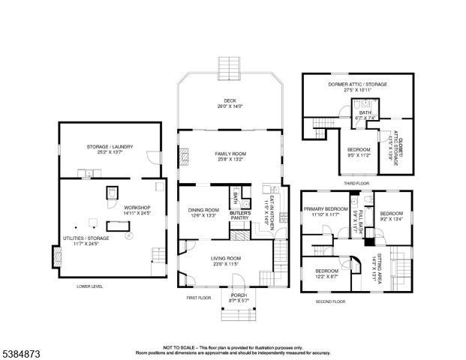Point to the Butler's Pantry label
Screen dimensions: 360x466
click(240, 214)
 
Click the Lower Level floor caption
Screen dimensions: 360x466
click(90, 286)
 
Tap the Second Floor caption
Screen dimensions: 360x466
click(330, 301)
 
